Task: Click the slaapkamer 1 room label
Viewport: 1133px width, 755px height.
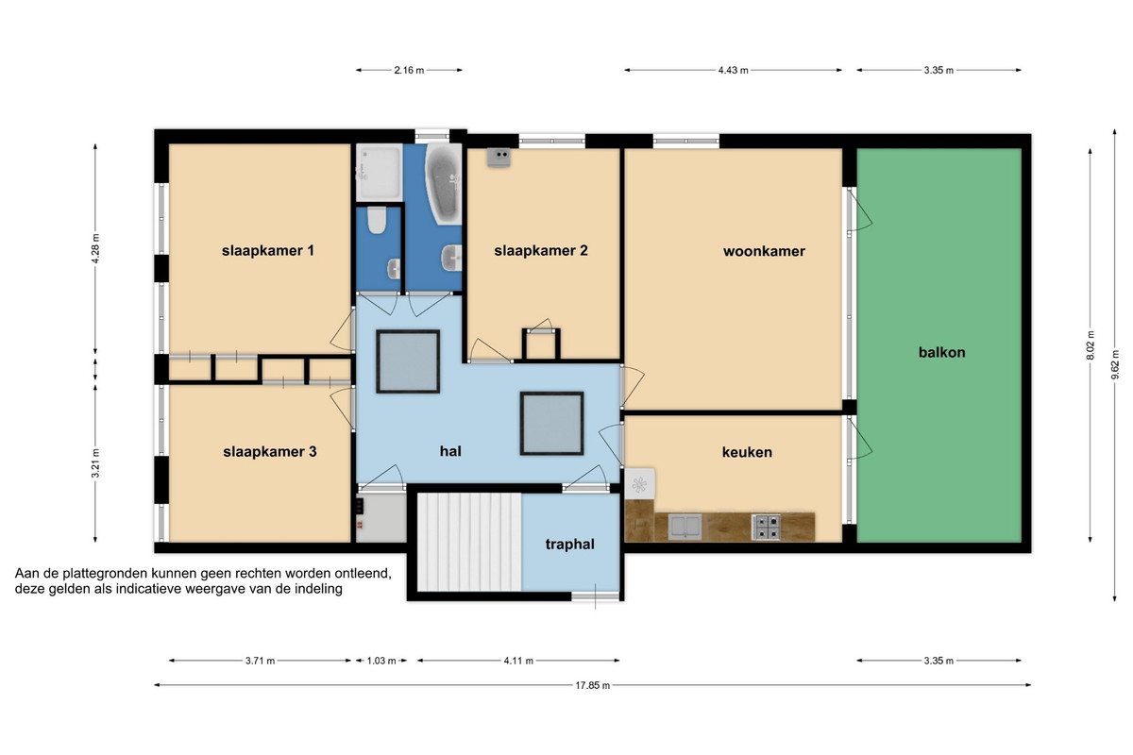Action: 267,250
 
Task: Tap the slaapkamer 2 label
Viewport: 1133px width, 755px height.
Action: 541,250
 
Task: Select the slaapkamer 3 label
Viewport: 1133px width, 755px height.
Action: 270,451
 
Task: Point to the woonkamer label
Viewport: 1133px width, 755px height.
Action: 764,251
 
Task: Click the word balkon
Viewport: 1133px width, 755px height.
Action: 942,352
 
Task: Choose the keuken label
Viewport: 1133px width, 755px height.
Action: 747,452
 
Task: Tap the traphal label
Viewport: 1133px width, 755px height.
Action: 569,545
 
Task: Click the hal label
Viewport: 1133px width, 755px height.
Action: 450,451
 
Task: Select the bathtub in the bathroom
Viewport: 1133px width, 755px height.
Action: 444,184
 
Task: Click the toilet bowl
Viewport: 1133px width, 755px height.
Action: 377,221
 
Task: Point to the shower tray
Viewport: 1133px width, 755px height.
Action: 380,172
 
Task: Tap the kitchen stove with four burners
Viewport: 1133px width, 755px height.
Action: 766,527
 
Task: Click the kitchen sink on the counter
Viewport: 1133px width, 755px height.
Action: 685,527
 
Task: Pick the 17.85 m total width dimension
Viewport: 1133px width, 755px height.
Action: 592,685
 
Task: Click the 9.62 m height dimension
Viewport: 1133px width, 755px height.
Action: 1114,365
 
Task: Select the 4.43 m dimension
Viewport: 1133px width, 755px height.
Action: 733,70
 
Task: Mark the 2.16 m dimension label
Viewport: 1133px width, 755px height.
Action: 409,70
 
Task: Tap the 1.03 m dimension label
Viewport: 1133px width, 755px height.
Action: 380,661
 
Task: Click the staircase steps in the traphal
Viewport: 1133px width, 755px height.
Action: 469,542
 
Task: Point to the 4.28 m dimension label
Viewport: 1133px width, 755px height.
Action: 95,249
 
